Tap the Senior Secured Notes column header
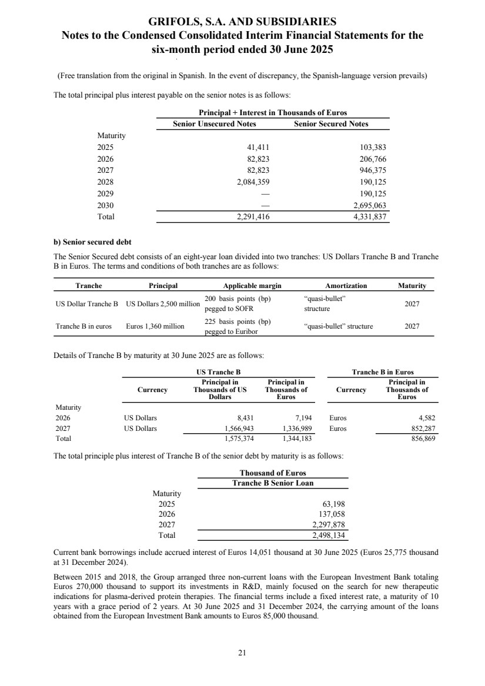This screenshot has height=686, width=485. pyautogui.click(x=331, y=124)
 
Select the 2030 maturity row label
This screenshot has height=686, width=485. pyautogui.click(x=106, y=205)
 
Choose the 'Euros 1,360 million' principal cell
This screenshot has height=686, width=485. pyautogui.click(x=155, y=326)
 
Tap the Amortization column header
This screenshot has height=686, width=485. pyautogui.click(x=346, y=286)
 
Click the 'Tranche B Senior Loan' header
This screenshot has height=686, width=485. pyautogui.click(x=273, y=483)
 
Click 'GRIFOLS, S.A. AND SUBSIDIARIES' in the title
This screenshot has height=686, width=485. pyautogui.click(x=242, y=22)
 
